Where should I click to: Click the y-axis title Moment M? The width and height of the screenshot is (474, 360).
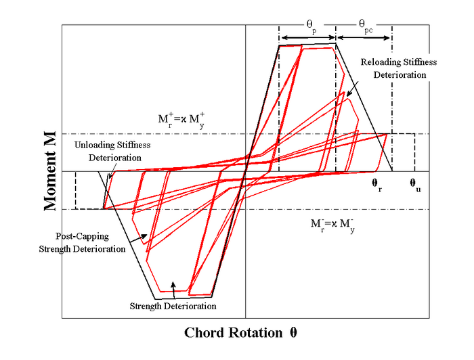point(50,171)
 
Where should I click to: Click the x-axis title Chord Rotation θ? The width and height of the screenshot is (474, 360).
point(240,333)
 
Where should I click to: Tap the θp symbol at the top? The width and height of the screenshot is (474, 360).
point(311,26)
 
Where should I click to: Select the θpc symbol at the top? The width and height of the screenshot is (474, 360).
point(366,26)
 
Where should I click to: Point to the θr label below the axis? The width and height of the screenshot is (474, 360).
point(376,185)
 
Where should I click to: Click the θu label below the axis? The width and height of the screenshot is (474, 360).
point(415,185)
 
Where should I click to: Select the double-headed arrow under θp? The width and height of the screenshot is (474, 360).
point(308,38)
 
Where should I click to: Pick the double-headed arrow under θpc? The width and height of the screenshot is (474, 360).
point(364,38)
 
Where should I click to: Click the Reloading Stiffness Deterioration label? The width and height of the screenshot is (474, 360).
point(399,68)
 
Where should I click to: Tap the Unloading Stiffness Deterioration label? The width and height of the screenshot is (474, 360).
point(113,151)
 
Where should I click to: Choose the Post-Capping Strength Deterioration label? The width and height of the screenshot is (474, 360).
point(82,242)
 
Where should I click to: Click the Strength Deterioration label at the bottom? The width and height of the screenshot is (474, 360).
point(173,307)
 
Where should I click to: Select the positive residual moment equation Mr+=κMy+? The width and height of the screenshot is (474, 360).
point(181,120)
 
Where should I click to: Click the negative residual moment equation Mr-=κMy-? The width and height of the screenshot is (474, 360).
point(332,225)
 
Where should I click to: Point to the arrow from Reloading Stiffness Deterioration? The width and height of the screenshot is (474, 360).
point(353,89)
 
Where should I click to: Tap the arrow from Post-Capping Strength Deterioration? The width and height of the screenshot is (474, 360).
point(138,238)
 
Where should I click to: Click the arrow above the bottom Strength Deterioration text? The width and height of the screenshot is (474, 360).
point(173,290)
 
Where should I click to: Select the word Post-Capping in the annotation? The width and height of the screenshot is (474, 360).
point(82,236)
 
